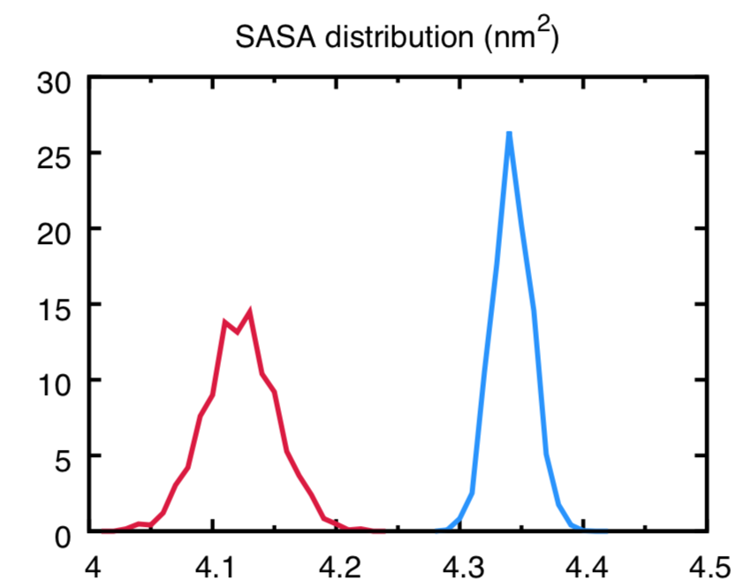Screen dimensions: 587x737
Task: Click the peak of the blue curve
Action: tap(509, 133)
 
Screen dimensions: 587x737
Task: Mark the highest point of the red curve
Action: tap(251, 311)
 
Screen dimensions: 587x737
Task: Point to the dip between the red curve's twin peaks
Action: tap(237, 332)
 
